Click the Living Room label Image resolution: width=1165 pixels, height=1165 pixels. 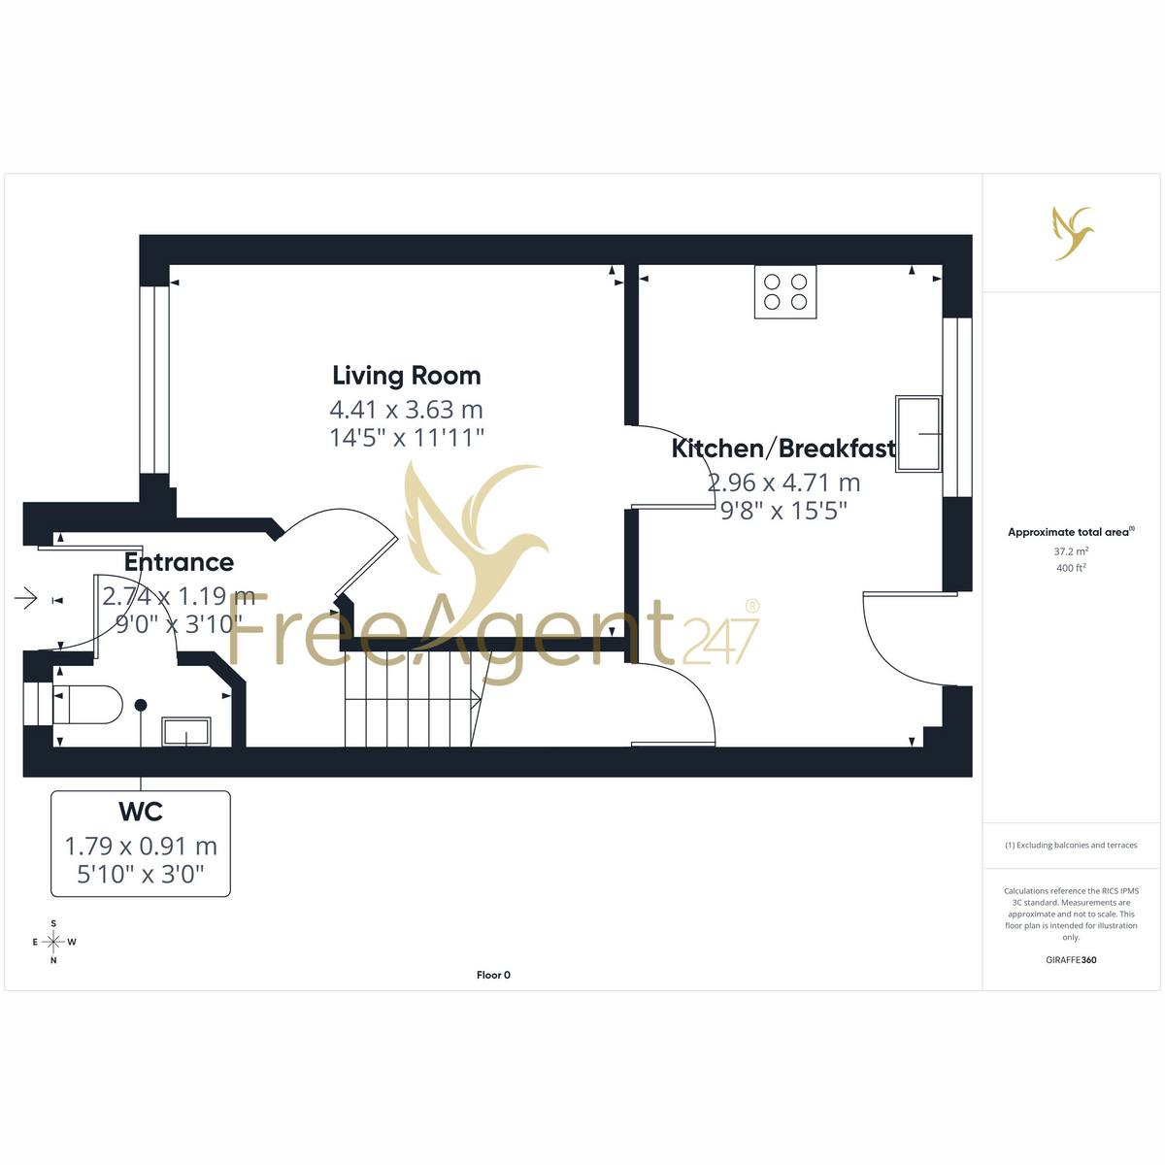point(406,376)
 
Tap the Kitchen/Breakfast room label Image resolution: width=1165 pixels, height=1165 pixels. point(782,449)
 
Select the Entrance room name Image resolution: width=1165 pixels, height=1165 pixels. point(179,562)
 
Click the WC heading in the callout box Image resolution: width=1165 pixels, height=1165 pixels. point(141,812)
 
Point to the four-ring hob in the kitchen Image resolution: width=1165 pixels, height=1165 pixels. point(784,292)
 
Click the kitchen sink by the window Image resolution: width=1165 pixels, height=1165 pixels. point(918,433)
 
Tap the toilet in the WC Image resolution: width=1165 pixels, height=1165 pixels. point(87,704)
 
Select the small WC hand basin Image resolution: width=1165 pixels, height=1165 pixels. point(186,732)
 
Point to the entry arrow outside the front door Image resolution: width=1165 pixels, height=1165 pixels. point(26,599)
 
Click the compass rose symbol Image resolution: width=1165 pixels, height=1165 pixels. point(53,942)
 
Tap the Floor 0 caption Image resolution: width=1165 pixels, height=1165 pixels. point(493,975)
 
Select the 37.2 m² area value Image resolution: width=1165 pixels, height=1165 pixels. point(1071,550)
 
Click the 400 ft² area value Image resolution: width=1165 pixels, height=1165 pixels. point(1071,568)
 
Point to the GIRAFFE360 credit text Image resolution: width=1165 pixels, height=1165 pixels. point(1071,959)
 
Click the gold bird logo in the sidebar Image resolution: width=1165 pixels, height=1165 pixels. point(1073,233)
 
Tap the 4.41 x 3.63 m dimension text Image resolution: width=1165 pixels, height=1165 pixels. point(406,410)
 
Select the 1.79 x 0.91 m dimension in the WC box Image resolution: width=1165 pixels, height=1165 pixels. point(141,846)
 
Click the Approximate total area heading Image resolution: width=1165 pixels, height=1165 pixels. point(1071,532)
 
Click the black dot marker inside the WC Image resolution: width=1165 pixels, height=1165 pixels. point(141,705)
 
